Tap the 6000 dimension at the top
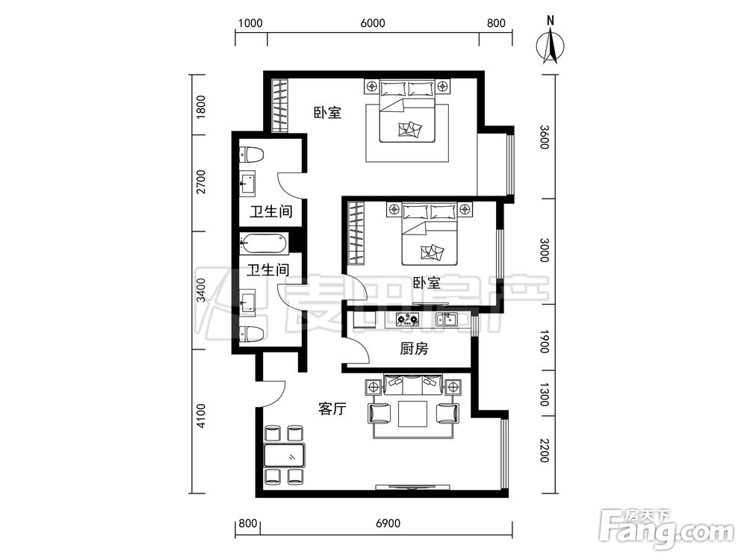click(373, 23)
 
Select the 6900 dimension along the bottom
click(388, 523)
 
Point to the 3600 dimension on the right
click(545, 137)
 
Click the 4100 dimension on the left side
click(201, 416)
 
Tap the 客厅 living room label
click(332, 408)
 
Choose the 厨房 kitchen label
click(414, 349)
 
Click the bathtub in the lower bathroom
click(264, 243)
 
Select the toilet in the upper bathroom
click(252, 155)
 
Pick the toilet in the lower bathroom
click(252, 334)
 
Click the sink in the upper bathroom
click(247, 184)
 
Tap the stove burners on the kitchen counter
click(408, 319)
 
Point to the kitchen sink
click(447, 319)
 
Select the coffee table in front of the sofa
click(413, 414)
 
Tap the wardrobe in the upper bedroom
click(279, 106)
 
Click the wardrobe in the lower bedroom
click(356, 233)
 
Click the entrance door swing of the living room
click(272, 393)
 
